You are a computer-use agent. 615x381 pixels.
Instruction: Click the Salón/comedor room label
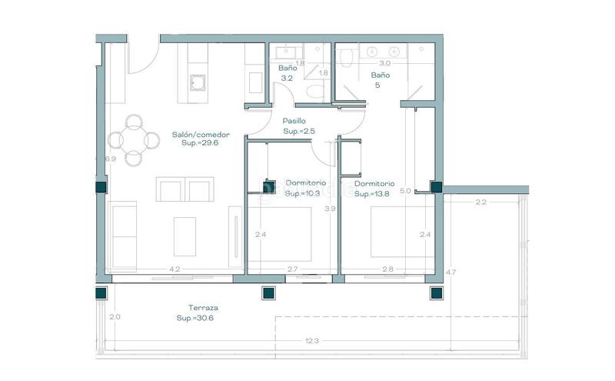pyautogui.click(x=201, y=135)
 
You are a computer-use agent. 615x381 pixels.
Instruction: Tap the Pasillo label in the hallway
pyautogui.click(x=294, y=121)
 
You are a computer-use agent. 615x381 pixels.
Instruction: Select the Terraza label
pyautogui.click(x=203, y=308)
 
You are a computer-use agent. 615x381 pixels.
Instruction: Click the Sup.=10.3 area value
pyautogui.click(x=302, y=194)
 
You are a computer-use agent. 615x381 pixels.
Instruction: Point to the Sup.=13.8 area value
pyautogui.click(x=372, y=194)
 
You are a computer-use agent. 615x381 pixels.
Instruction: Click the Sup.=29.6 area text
pyautogui.click(x=200, y=143)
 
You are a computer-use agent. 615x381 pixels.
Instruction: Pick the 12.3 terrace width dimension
pyautogui.click(x=312, y=341)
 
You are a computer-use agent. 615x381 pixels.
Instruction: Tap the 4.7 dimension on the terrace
pyautogui.click(x=450, y=272)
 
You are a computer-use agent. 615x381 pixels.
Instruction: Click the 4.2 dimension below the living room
pyautogui.click(x=175, y=269)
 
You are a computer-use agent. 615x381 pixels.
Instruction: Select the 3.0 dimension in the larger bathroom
pyautogui.click(x=385, y=63)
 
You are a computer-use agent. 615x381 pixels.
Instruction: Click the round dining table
pyautogui.click(x=134, y=140)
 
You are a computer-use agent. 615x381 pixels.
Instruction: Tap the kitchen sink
pyautogui.click(x=198, y=83)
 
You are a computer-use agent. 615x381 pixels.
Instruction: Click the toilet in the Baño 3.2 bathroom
pyautogui.click(x=315, y=92)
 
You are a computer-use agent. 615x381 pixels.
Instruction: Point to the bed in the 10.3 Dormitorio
pyautogui.click(x=280, y=234)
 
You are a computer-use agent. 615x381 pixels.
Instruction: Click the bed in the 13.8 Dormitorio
pyautogui.click(x=402, y=232)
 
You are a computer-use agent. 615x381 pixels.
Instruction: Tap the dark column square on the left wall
pyautogui.click(x=101, y=187)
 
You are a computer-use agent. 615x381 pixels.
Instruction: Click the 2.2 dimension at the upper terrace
pyautogui.click(x=481, y=202)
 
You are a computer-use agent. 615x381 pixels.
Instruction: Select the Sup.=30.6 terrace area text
pyautogui.click(x=195, y=318)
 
